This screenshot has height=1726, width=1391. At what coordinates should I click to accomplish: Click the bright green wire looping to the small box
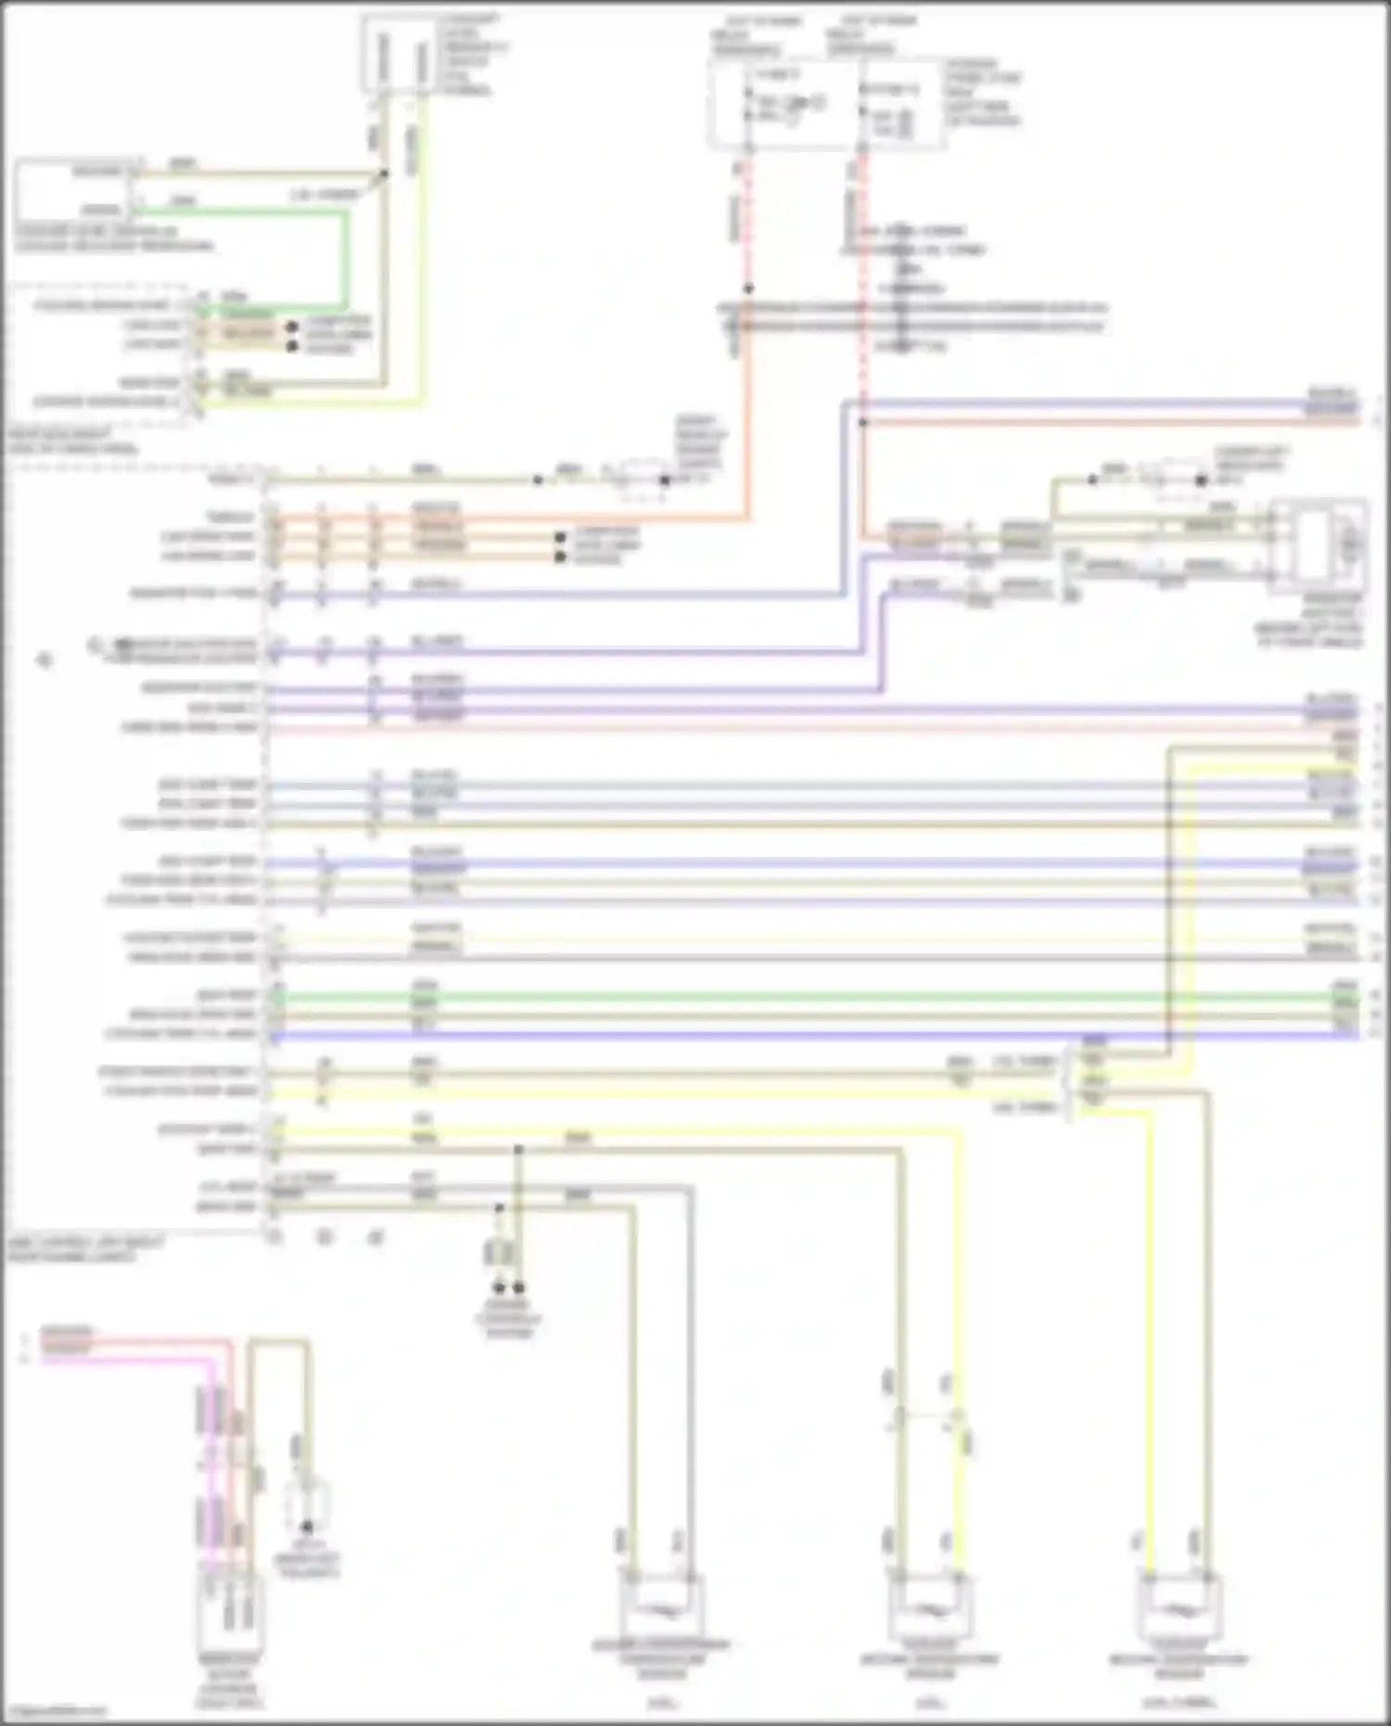click(x=346, y=260)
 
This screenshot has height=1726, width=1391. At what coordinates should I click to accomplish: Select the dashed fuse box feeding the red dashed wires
click(x=827, y=102)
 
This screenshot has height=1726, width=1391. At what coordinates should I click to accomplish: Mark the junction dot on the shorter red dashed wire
click(x=748, y=288)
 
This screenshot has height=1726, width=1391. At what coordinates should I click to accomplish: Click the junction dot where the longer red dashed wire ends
click(x=862, y=422)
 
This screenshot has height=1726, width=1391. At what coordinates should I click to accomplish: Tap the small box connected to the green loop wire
click(x=74, y=190)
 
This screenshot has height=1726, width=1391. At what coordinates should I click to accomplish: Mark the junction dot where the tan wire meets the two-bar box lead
click(x=384, y=173)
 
